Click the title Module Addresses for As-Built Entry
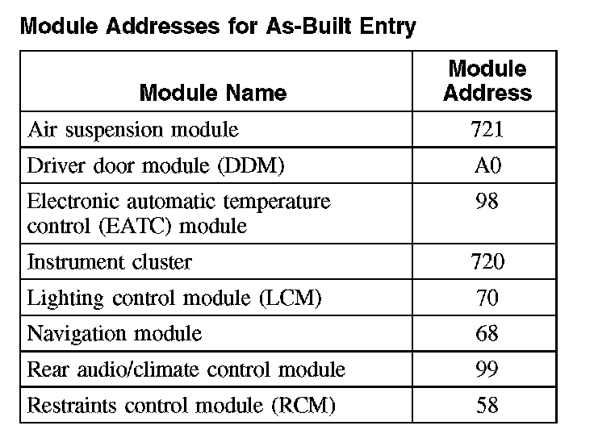(x=217, y=27)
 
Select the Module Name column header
(x=213, y=93)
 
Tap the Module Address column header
(x=487, y=81)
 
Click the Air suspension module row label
(x=133, y=129)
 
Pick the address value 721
(x=487, y=129)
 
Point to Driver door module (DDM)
(x=156, y=165)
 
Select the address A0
(x=487, y=165)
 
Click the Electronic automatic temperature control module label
(x=178, y=213)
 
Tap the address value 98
(x=487, y=202)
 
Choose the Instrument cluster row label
(x=110, y=262)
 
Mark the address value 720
(x=487, y=262)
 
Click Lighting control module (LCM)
(x=174, y=298)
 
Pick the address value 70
(x=487, y=298)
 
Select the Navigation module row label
(x=115, y=333)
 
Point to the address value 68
(x=487, y=333)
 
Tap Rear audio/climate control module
(x=186, y=369)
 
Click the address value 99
(x=487, y=369)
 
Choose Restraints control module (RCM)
(x=181, y=405)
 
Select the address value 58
(x=487, y=405)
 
